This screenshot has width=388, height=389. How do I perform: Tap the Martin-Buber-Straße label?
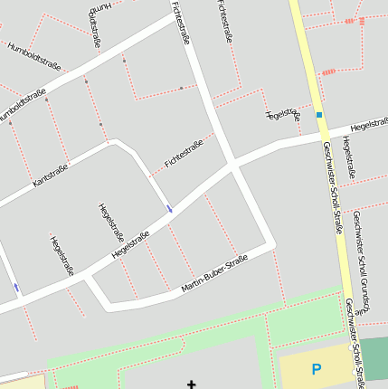[x=213, y=275]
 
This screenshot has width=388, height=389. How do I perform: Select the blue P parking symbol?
[x=316, y=369]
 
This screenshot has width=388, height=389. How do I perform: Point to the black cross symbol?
[x=191, y=384]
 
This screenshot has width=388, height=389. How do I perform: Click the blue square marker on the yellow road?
[x=318, y=115]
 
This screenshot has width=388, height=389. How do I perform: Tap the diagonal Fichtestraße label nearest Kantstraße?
[x=184, y=153]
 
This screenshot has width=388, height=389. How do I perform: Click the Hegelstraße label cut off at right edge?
[x=369, y=127]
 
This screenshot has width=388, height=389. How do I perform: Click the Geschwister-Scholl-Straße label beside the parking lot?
[x=354, y=348]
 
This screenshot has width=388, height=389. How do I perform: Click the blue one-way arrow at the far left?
[x=15, y=288]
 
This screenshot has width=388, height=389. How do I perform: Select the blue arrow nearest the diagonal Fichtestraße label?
[x=169, y=209]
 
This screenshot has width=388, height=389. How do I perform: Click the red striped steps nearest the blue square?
[x=328, y=71]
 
